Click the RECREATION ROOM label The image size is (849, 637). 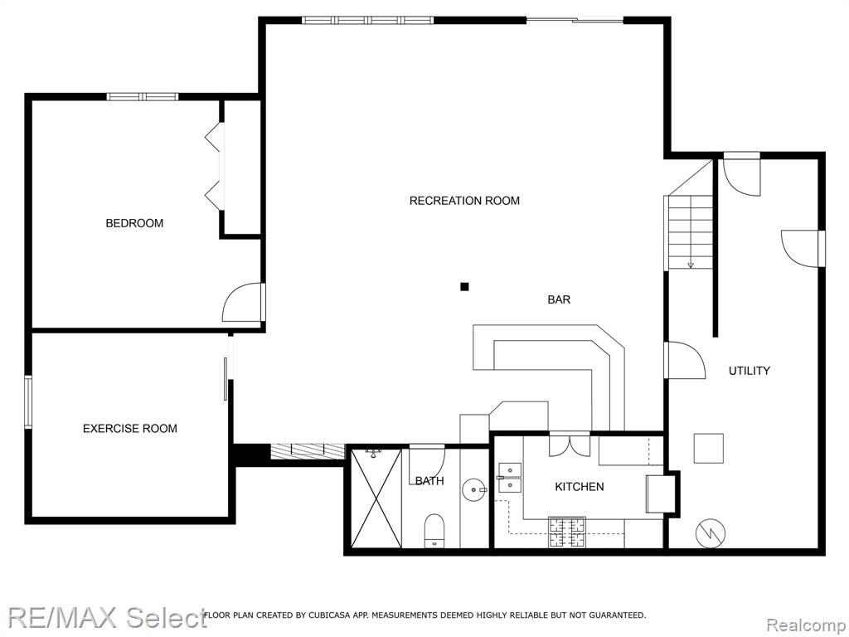pyautogui.click(x=464, y=201)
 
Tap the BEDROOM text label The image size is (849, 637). pyautogui.click(x=134, y=223)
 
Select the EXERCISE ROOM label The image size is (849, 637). pyautogui.click(x=130, y=429)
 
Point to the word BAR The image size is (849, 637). pyautogui.click(x=559, y=299)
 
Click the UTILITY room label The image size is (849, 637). pyautogui.click(x=749, y=371)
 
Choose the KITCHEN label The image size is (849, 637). pyautogui.click(x=580, y=487)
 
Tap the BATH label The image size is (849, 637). pyautogui.click(x=429, y=481)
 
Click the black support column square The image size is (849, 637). pyautogui.click(x=464, y=286)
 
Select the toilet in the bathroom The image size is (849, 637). pyautogui.click(x=434, y=530)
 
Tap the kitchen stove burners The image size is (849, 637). pyautogui.click(x=567, y=532)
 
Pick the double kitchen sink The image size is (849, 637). pyautogui.click(x=510, y=478)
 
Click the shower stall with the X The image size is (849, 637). pyautogui.click(x=376, y=498)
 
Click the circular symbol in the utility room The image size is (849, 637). pyautogui.click(x=710, y=533)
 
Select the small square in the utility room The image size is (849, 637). pyautogui.click(x=709, y=448)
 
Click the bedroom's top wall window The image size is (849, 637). pyautogui.click(x=143, y=97)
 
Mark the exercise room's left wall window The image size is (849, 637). pyautogui.click(x=28, y=402)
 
